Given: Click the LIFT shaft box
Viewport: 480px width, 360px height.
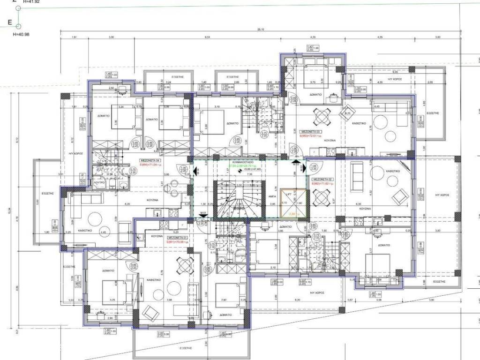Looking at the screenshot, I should (x=293, y=202).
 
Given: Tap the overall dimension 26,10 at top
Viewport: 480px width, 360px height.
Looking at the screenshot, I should (x=261, y=29).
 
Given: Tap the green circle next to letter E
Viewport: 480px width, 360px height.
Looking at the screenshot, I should (x=18, y=26).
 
